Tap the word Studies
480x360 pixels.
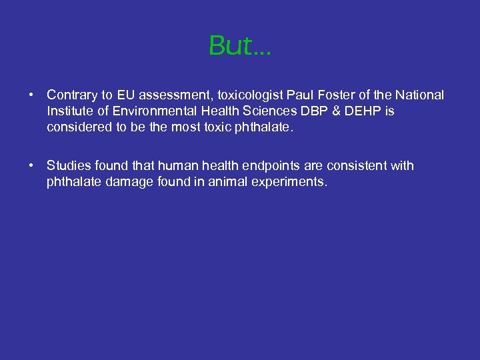(x=69, y=165)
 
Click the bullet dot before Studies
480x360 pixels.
(x=32, y=165)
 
